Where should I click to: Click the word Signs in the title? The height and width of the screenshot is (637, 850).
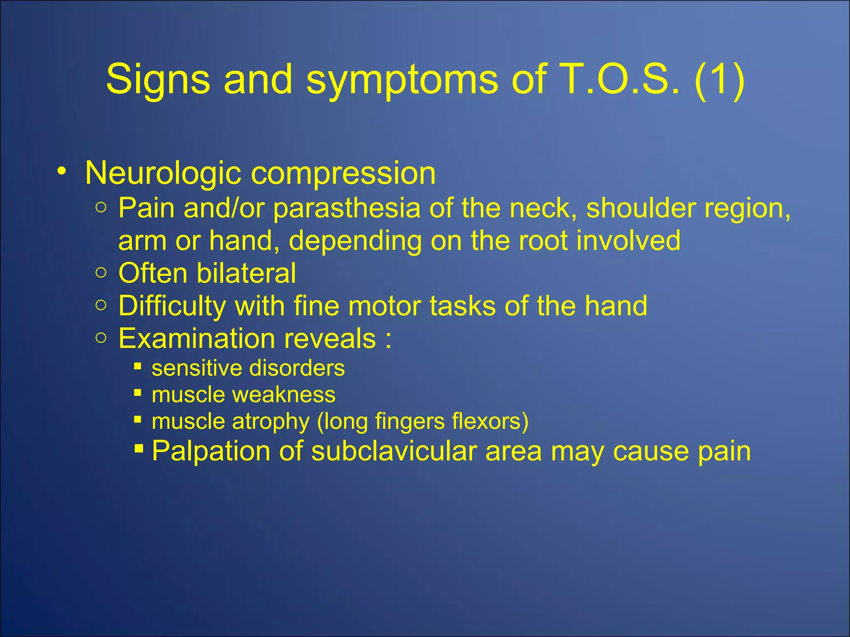[x=158, y=80]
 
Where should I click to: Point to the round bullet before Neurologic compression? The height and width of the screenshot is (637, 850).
[x=62, y=171]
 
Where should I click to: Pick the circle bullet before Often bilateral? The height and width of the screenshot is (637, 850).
[x=101, y=273]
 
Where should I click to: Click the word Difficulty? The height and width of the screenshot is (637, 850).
[x=172, y=306]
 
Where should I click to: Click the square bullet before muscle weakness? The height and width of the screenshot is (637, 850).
[x=138, y=392]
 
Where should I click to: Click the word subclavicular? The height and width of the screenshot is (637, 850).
[x=394, y=451]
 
